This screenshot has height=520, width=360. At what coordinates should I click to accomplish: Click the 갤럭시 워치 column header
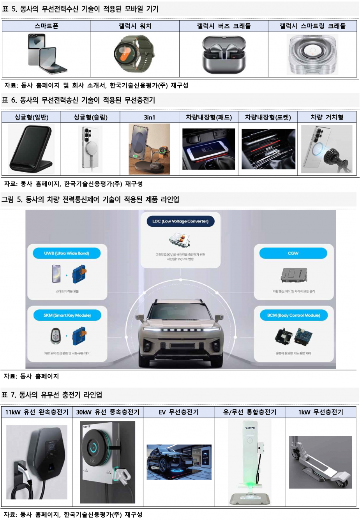(x=135, y=26)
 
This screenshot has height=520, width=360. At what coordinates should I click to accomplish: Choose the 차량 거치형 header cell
(x=326, y=117)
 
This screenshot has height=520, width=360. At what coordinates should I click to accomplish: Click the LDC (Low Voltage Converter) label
(x=180, y=222)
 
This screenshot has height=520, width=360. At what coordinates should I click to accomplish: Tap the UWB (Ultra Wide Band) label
(x=67, y=253)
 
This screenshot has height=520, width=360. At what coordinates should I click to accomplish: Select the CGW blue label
(x=293, y=253)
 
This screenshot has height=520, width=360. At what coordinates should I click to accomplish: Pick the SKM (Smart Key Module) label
(x=67, y=315)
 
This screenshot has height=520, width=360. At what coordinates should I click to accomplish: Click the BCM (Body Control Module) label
(x=293, y=315)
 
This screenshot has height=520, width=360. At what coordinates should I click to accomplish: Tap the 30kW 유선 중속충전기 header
(x=108, y=412)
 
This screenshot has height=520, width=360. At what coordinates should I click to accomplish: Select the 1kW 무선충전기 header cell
(x=320, y=412)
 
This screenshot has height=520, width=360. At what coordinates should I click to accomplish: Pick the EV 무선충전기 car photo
(x=179, y=462)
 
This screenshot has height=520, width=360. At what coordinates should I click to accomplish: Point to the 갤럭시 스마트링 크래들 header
(x=312, y=26)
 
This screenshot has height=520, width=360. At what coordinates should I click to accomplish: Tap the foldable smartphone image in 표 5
(x=46, y=55)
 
